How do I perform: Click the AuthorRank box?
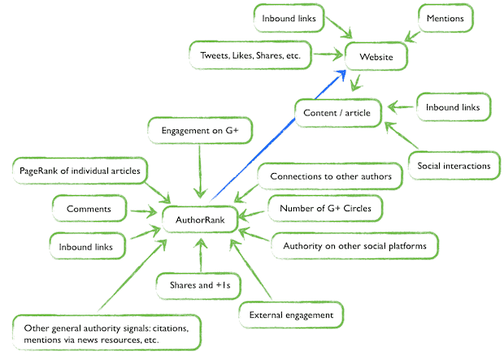199,219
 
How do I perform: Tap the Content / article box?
336,112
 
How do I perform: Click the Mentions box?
447,18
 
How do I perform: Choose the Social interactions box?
454,166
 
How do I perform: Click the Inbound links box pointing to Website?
290,18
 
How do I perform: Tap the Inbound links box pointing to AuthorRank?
89,244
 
